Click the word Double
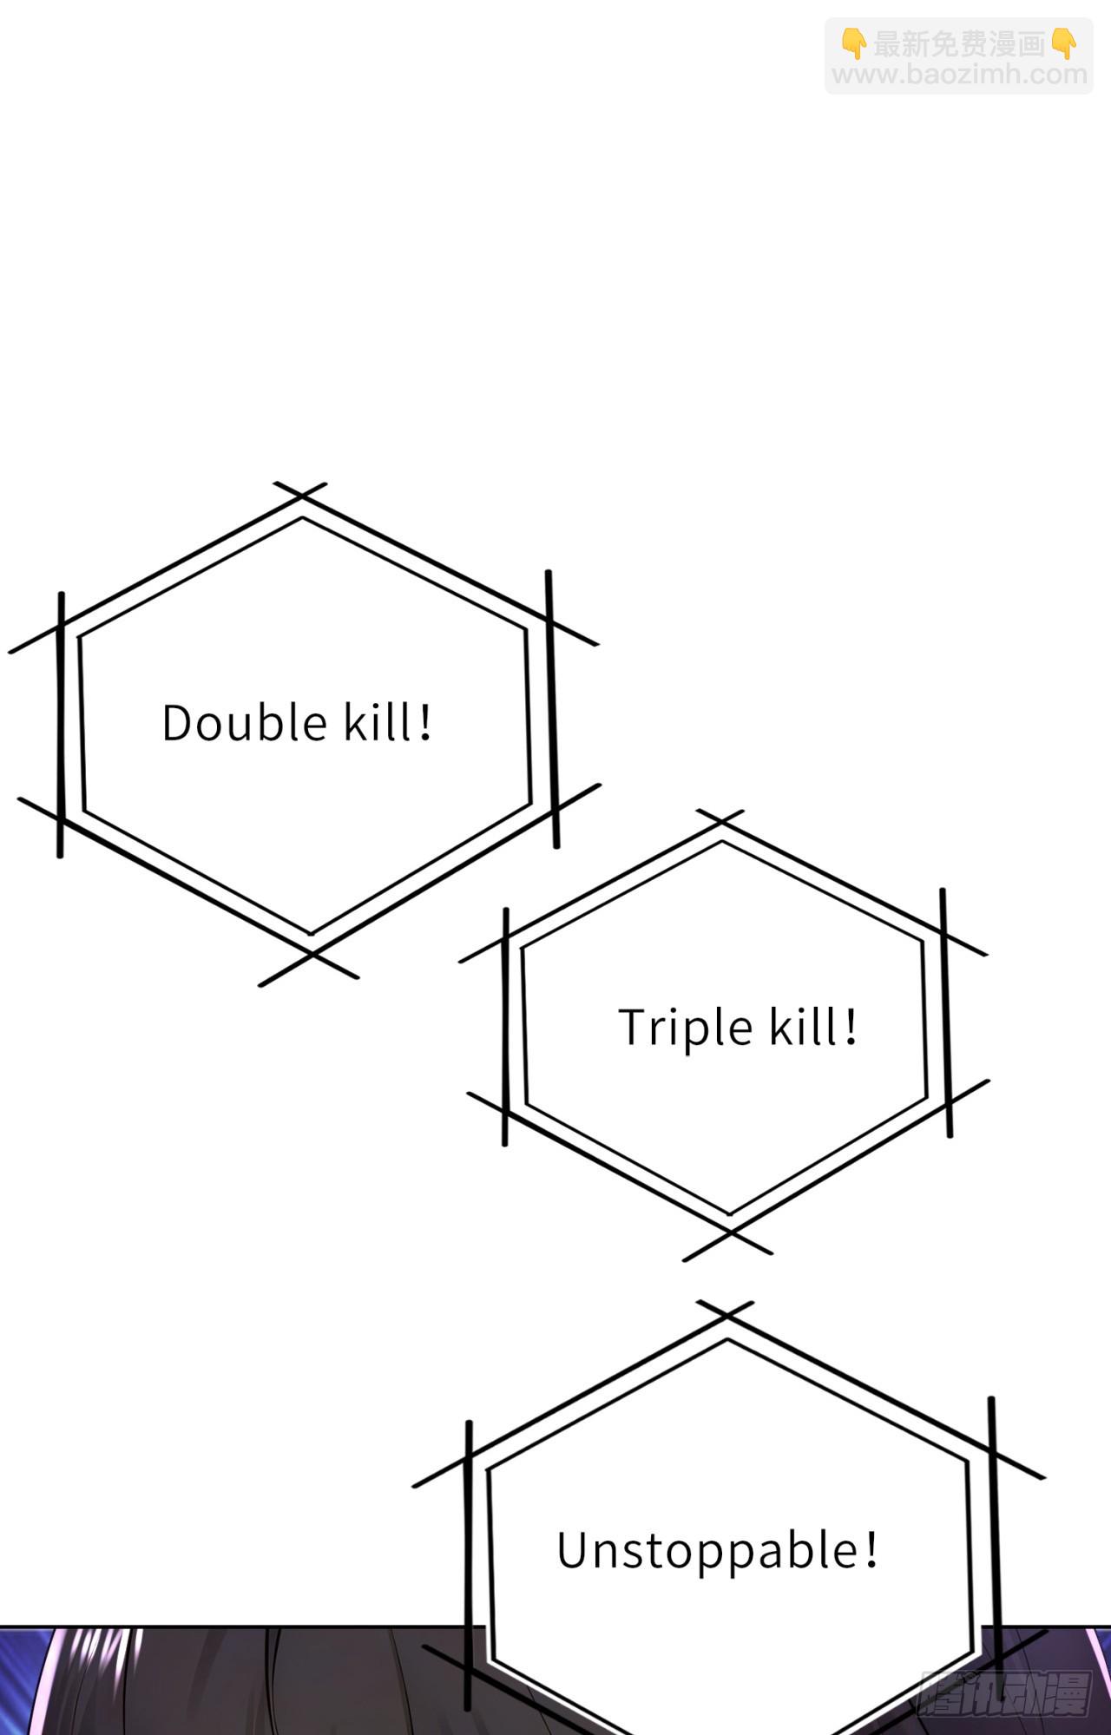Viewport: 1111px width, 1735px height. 244,722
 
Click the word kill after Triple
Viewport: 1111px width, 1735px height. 804,1027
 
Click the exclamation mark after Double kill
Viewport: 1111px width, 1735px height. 424,722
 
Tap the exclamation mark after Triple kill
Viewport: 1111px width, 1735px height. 851,1027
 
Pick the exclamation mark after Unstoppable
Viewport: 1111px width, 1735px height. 871,1550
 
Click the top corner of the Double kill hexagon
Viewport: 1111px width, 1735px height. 301,497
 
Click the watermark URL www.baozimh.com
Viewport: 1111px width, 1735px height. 960,75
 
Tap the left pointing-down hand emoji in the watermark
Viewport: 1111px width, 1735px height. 854,43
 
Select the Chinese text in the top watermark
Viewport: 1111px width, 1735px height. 959,43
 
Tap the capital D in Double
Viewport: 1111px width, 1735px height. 177,724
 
